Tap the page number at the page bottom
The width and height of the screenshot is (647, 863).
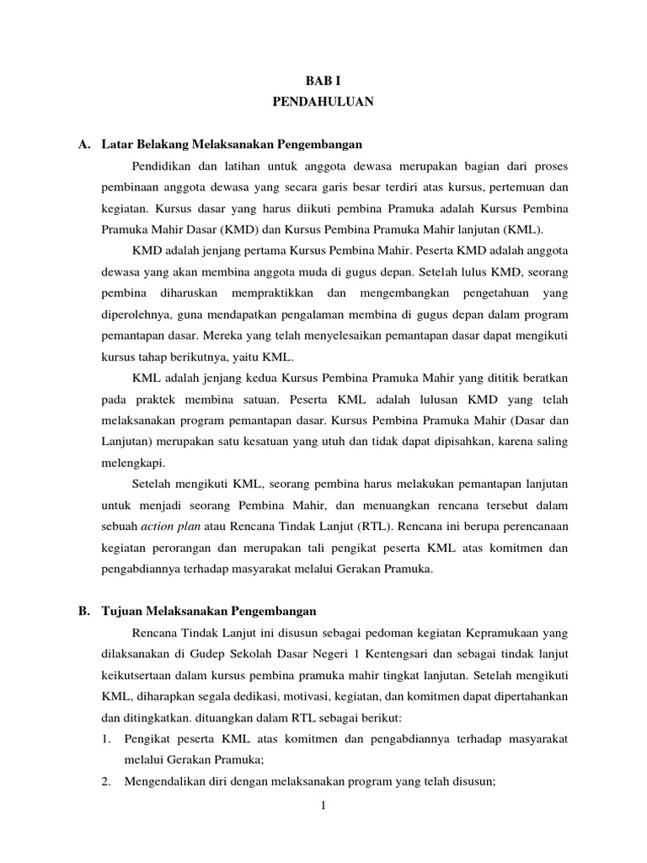tap(323, 806)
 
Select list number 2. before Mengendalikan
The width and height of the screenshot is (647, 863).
tap(106, 782)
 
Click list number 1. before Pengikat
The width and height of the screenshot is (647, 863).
tap(106, 738)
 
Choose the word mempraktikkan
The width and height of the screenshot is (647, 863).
tap(274, 292)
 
